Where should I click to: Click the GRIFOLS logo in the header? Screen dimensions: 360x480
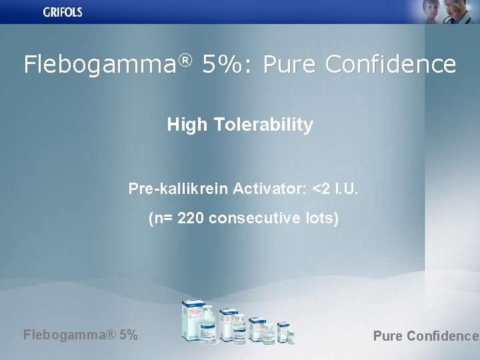click(63, 12)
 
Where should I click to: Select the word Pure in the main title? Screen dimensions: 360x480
click(290, 65)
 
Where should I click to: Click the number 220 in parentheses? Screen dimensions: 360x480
click(191, 218)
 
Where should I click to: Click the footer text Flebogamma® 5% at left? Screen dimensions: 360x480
click(81, 335)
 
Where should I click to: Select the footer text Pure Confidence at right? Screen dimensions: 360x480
click(425, 336)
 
